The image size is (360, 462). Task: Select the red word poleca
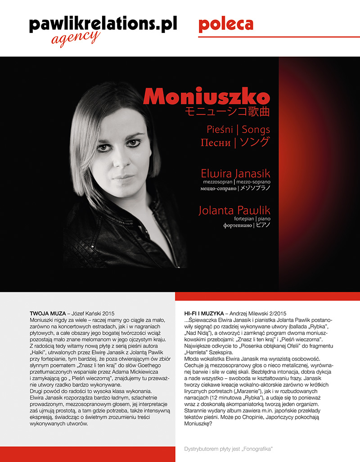[x=225, y=24]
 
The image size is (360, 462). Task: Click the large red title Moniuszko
[x=207, y=97]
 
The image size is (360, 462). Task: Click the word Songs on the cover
[x=256, y=130]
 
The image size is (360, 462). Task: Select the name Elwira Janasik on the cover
[x=236, y=173]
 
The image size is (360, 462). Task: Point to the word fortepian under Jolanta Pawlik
[x=247, y=218]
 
